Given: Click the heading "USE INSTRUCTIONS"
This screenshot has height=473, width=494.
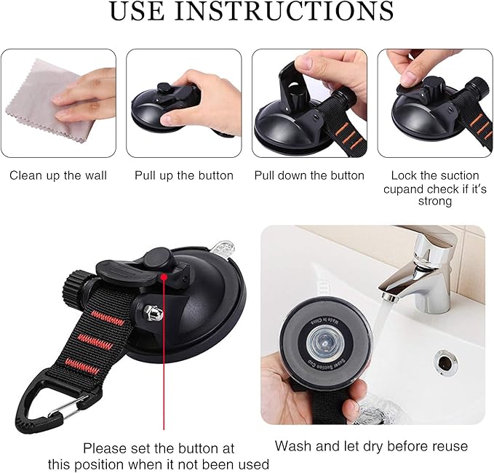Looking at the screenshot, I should (x=251, y=12).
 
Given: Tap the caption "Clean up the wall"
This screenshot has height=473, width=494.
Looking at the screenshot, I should (x=58, y=175).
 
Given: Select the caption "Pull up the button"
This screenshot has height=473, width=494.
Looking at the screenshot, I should (x=184, y=175).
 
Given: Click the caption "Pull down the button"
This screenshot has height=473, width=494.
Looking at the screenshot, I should (x=309, y=175).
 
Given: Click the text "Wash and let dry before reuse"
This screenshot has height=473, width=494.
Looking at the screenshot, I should (x=371, y=445).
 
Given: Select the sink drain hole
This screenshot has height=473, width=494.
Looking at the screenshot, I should (x=443, y=358).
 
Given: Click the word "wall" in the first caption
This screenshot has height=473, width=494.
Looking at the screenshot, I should (x=95, y=175).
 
